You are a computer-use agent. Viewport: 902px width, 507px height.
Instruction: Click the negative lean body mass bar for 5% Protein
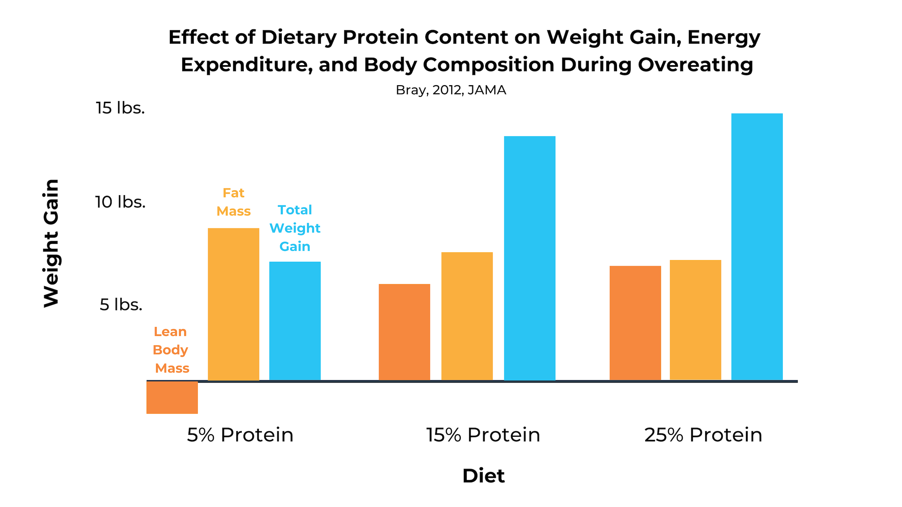coord(172,397)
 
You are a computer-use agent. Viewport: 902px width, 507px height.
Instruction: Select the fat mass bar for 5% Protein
coord(233,304)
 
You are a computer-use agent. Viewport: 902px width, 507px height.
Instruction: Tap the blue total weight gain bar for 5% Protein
coord(295,321)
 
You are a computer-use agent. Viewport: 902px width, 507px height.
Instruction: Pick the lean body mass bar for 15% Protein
coord(404,332)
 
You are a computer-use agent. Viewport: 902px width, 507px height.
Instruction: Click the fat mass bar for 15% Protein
coord(467,316)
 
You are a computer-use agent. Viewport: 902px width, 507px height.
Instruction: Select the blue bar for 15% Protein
coord(530,258)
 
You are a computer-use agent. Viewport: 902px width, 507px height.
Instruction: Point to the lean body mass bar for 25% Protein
coord(635,323)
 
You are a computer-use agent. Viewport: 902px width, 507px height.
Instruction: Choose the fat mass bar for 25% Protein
coord(695,320)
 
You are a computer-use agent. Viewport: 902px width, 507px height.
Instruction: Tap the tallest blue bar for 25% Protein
coord(757,246)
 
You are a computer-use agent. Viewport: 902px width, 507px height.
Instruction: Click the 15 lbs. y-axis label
coord(121,108)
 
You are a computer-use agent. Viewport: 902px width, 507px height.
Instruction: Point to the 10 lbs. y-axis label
coord(121,202)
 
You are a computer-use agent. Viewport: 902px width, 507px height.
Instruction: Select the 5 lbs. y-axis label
coord(121,305)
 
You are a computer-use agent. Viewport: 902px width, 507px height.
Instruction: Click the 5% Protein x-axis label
coord(240,435)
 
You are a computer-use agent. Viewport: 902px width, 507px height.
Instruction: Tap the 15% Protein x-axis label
coord(483,435)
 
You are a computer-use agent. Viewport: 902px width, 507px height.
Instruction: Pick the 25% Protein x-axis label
coord(703,435)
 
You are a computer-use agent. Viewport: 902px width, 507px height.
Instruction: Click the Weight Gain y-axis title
coord(51,243)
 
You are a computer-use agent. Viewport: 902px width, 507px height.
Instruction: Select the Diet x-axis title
coord(483,476)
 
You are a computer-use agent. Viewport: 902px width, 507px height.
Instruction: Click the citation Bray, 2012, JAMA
coord(451,90)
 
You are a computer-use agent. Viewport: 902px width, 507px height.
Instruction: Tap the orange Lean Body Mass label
coord(171,350)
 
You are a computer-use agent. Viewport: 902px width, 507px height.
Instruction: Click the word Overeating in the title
coord(695,65)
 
